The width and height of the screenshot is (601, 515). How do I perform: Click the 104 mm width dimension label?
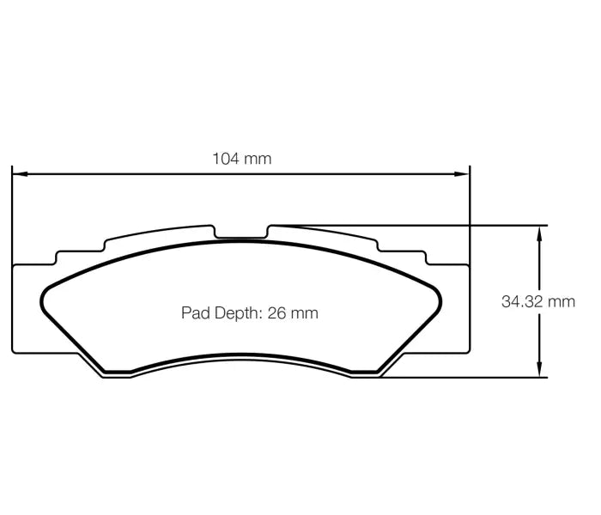tap(241, 158)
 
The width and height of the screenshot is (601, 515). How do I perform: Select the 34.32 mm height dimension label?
tap(538, 301)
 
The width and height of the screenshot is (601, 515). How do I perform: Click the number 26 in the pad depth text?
tap(276, 313)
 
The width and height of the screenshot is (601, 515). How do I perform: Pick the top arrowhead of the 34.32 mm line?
tap(540, 231)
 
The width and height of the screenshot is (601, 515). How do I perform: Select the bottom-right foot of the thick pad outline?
tap(365, 372)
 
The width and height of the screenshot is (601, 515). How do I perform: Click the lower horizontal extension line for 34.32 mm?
tap(464, 377)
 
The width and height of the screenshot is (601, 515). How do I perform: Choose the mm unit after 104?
tap(258, 158)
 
